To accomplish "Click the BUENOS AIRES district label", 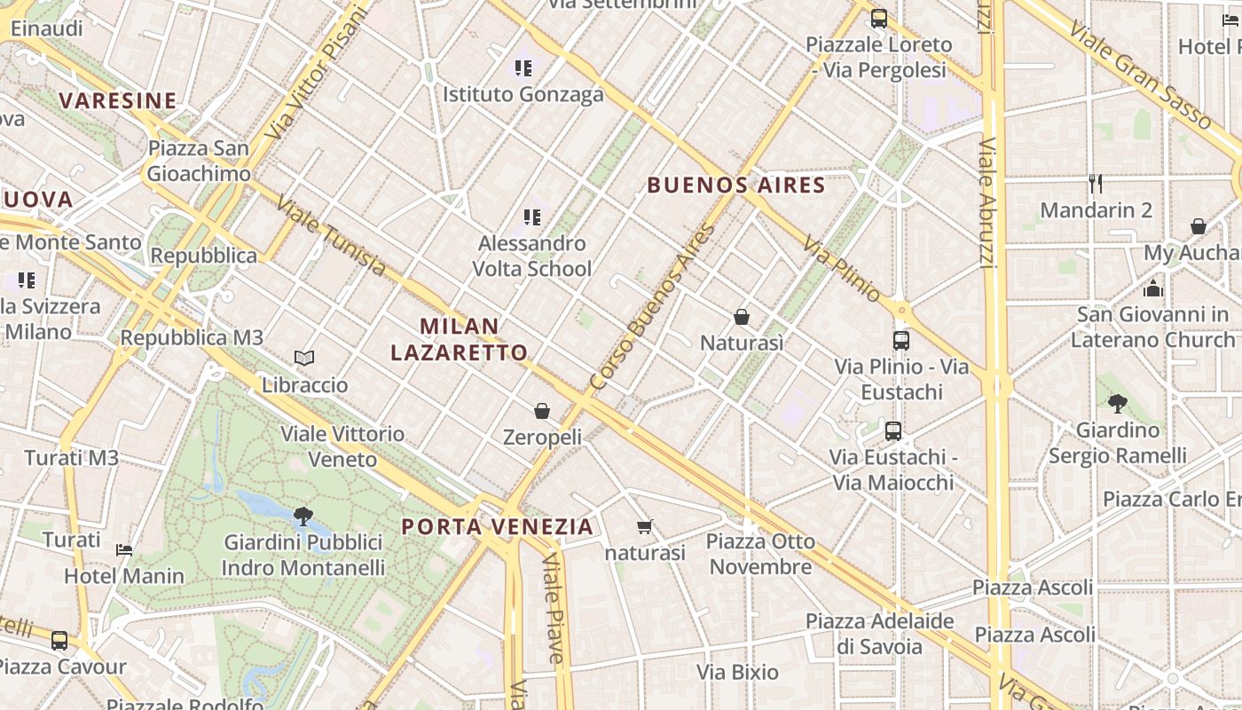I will coord(736,185).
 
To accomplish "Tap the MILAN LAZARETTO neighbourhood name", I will coord(460,339).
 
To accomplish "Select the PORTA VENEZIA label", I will coord(497,526).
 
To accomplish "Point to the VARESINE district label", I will coord(118,100).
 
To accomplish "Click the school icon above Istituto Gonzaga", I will coord(523,67).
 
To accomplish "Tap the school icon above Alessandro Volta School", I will coord(532,217).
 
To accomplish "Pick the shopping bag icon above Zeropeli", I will coord(542,411).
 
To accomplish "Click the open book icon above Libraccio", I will coord(304,358).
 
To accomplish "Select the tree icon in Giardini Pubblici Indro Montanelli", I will coord(303,516).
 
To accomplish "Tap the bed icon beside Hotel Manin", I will coord(124,549).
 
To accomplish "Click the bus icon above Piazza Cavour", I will coord(59,640).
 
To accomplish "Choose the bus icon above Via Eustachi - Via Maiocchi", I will coord(893,431).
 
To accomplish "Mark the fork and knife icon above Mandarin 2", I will coord(1096,184).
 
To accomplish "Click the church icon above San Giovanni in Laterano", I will coord(1153,288).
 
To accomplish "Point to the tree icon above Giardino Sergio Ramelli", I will coord(1118,404).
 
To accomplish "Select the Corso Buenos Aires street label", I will coord(652,307).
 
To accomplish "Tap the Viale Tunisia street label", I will coord(330,235).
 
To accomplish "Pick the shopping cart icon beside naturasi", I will coord(645,526).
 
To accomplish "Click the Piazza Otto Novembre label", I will coord(760,554).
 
